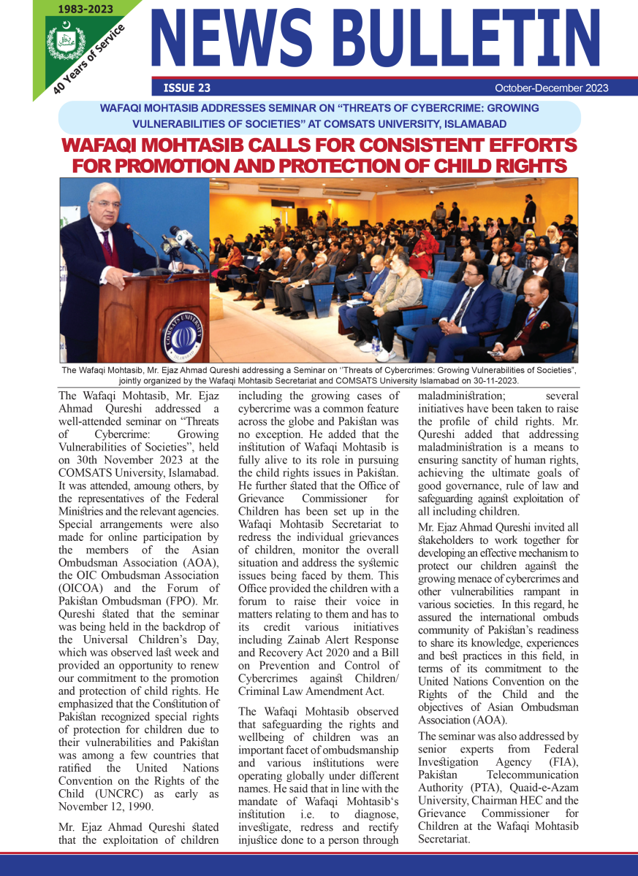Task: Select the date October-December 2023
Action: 551,88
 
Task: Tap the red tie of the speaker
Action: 107,248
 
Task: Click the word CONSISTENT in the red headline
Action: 364,145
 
